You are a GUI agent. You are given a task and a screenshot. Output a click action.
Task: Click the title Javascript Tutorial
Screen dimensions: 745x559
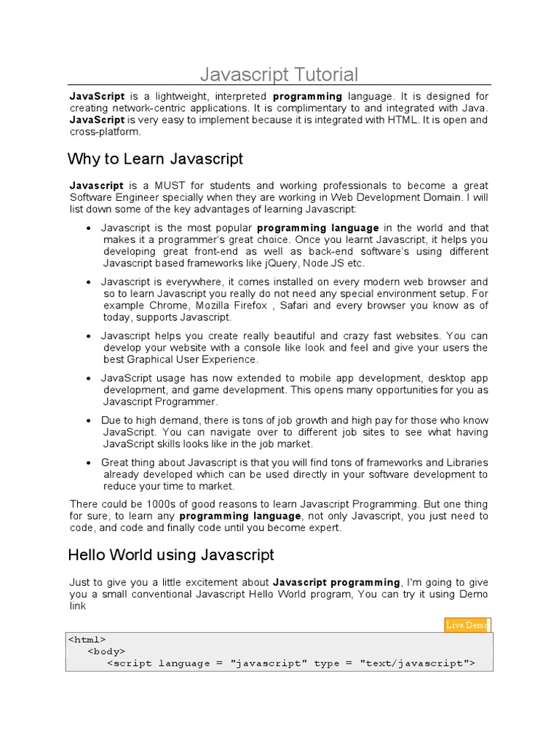click(279, 74)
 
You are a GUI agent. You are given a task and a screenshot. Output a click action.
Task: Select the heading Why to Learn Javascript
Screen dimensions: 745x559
click(155, 159)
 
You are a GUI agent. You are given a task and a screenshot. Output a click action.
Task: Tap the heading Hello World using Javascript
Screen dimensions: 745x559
click(171, 555)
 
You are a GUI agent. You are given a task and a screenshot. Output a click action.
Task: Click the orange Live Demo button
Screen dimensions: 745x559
click(467, 625)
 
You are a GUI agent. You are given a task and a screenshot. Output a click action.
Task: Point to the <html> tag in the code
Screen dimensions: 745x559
click(87, 640)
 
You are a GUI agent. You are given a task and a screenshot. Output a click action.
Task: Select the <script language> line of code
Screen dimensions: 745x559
click(290, 664)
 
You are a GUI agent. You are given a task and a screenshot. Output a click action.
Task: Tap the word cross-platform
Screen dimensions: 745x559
click(105, 132)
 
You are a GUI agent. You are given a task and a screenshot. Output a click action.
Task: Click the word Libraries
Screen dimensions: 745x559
click(467, 463)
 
